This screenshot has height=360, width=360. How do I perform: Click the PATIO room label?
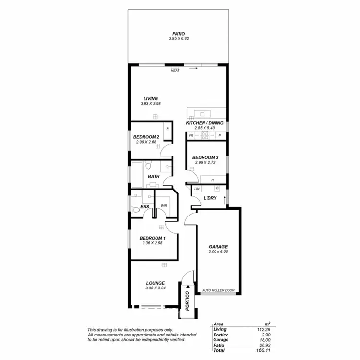point(177,34)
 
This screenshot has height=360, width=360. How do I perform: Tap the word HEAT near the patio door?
point(175,71)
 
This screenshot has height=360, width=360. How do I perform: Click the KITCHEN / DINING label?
point(204,123)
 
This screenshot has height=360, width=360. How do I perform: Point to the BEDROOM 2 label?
point(146,137)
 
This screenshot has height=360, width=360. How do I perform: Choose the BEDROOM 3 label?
point(205,157)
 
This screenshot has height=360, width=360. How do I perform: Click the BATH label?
point(154,177)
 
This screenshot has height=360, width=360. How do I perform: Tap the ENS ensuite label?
point(145,207)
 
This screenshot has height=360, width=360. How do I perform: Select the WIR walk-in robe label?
point(164,206)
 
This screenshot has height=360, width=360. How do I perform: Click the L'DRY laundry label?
point(209,198)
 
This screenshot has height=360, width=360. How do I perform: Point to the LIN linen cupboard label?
point(197,189)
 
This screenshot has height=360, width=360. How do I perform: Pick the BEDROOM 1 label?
point(152,238)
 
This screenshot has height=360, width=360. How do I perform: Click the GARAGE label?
point(218,247)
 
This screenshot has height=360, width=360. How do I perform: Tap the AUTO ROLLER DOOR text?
point(218,290)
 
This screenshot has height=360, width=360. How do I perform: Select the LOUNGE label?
point(156,283)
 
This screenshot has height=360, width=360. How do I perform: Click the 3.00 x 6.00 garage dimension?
point(218,252)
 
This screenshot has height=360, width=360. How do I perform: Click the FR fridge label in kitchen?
point(191,136)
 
